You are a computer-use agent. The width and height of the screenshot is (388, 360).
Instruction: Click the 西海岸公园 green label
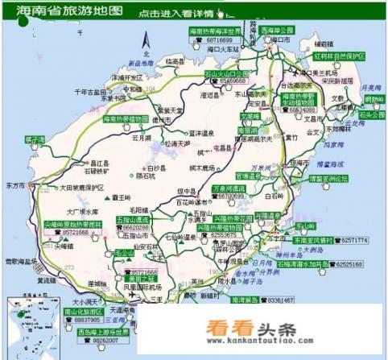(x=277, y=30)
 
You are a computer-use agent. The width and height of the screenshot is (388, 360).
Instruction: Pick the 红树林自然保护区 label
(x=340, y=56)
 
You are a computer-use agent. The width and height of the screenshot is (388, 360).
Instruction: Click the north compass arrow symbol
(x=145, y=41)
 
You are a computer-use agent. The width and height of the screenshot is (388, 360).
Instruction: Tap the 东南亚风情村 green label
(x=312, y=240)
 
